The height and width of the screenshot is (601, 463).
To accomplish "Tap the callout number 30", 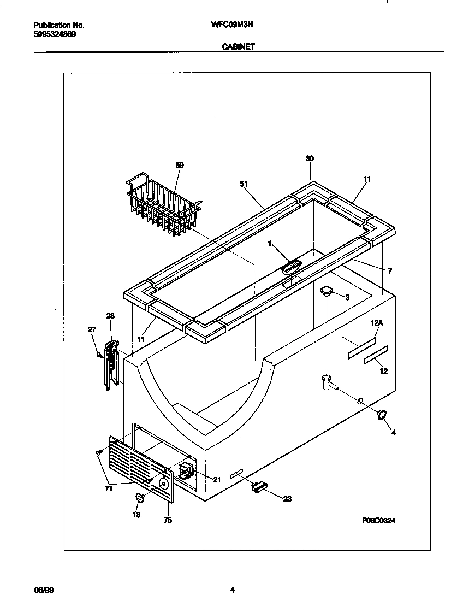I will click(x=310, y=158).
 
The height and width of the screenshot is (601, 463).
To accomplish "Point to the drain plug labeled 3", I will click(x=327, y=291).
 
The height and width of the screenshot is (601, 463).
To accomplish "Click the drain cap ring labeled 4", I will click(x=381, y=416).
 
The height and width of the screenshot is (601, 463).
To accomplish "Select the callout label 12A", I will click(x=377, y=323).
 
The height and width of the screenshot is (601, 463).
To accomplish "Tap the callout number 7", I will click(x=390, y=271).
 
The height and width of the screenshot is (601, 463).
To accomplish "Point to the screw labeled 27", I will click(x=99, y=355).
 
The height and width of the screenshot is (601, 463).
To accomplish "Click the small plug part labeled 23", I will click(x=258, y=486).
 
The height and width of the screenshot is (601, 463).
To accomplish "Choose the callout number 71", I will click(x=109, y=489).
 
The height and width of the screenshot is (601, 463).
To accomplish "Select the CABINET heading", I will click(x=238, y=47).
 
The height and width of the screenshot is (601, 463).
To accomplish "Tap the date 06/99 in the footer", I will click(x=43, y=590).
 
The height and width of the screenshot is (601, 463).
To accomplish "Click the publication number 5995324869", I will click(x=55, y=34).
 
